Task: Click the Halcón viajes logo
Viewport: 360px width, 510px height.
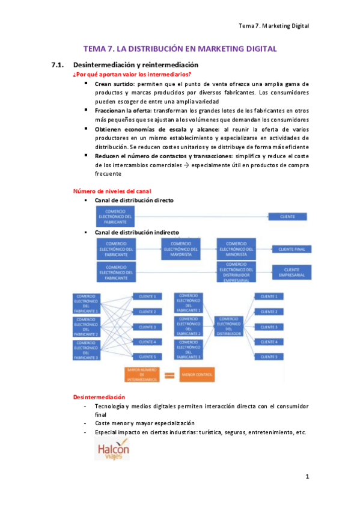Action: point(112,449)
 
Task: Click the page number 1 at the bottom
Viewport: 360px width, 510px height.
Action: point(307,477)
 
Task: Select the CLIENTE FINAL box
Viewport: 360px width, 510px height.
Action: point(292,249)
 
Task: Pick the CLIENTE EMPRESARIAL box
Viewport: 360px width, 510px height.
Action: point(292,272)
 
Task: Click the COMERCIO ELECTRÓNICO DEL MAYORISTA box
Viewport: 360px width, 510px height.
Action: point(180,249)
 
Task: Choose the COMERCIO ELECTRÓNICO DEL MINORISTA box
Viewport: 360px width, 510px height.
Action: point(236,249)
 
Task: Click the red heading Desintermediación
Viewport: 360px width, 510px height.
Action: point(99,397)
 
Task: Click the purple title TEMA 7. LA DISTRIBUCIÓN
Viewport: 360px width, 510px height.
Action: point(180,49)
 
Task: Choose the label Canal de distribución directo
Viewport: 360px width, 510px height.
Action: point(134,200)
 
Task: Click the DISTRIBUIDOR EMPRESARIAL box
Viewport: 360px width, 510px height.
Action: point(236,272)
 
